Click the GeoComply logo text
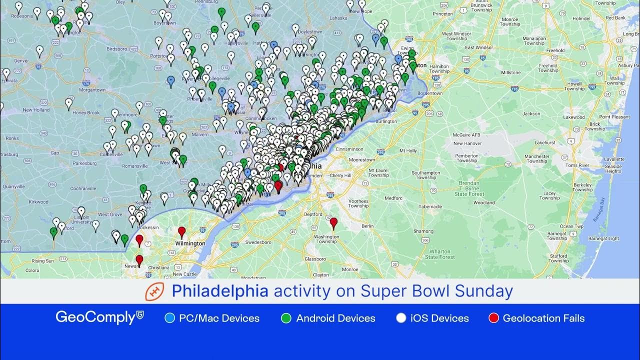tap(95, 317)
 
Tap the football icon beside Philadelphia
tap(154, 291)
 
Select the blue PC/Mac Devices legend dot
tap(169, 318)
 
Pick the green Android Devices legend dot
tap(286, 318)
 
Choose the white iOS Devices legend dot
tap(400, 318)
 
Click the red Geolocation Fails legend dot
tap(493, 318)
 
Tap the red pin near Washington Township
tap(333, 222)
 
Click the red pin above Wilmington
tap(182, 231)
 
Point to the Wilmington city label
tap(190, 243)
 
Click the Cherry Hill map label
tap(340, 175)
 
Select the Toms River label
tap(577, 165)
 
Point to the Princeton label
tap(442, 14)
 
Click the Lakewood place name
tap(573, 117)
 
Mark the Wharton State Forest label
tap(440, 254)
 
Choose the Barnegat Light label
tap(606, 238)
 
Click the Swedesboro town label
tap(258, 242)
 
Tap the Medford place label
tap(393, 198)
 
